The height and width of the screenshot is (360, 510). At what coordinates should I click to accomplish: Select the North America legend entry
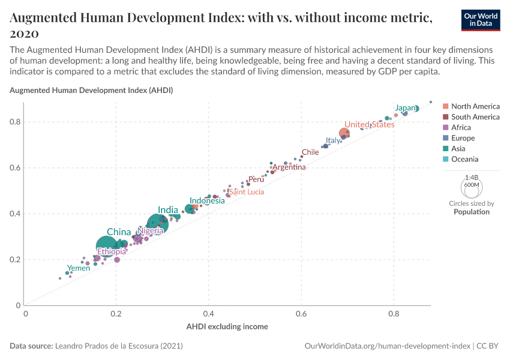(474, 106)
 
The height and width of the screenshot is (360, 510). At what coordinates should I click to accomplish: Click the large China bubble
(107, 247)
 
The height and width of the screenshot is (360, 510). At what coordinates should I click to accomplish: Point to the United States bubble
(344, 133)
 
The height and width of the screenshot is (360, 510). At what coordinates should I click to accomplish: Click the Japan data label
(405, 108)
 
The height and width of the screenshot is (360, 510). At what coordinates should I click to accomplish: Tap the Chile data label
(310, 152)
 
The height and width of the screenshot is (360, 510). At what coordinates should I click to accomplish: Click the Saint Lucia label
(247, 192)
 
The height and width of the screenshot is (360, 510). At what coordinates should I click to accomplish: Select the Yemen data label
(79, 268)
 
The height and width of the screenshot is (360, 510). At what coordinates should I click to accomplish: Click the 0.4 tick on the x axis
(209, 313)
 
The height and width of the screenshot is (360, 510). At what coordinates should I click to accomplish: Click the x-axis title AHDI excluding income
(227, 326)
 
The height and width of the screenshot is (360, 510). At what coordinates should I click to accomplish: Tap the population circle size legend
(472, 182)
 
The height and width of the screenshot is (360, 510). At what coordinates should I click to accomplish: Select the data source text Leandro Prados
(119, 346)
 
